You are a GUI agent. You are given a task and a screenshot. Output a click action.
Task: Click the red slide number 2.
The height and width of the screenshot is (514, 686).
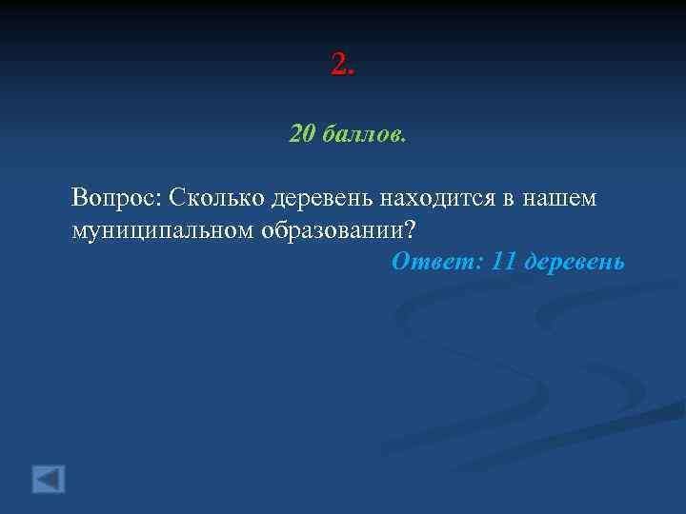click(339, 65)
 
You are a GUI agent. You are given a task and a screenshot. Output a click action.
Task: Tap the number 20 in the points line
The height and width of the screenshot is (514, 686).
click(301, 134)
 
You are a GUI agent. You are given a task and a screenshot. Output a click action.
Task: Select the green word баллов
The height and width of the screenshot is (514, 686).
click(361, 134)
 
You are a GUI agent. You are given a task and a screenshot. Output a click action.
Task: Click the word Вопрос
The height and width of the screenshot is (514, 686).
click(113, 198)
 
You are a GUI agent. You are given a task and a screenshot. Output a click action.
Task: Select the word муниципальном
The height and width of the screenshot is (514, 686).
click(158, 230)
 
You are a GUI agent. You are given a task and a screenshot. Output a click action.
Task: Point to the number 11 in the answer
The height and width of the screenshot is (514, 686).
click(504, 261)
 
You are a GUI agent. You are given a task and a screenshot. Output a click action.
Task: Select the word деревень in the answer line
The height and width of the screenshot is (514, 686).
click(575, 261)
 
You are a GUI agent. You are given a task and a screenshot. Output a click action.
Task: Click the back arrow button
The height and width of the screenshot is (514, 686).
click(49, 478)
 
